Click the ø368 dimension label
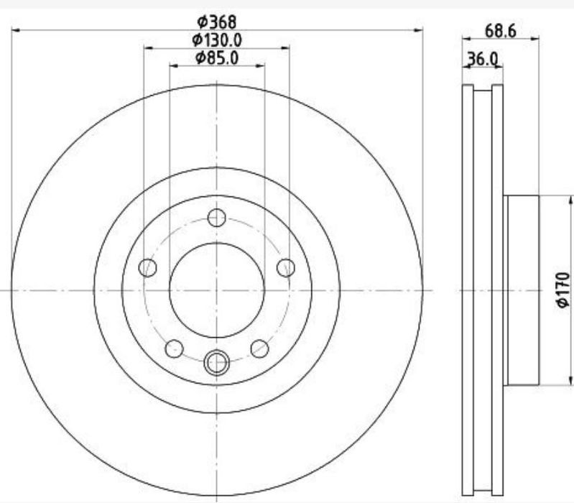pyautogui.click(x=217, y=22)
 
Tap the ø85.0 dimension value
pyautogui.click(x=217, y=57)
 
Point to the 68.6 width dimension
pyautogui.click(x=501, y=31)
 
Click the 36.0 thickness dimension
pyautogui.click(x=482, y=59)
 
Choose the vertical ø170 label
pyautogui.click(x=563, y=290)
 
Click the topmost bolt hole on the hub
pyautogui.click(x=217, y=217)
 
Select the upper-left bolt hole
pyautogui.click(x=148, y=268)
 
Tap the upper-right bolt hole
pyautogui.click(x=286, y=268)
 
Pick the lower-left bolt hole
pyautogui.click(x=175, y=349)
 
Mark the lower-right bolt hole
pyautogui.click(x=259, y=349)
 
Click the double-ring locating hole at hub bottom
pyautogui.click(x=217, y=363)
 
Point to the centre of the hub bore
pyautogui.click(x=217, y=290)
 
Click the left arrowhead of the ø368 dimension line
pyautogui.click(x=15, y=30)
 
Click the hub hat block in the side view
pyautogui.click(x=522, y=290)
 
